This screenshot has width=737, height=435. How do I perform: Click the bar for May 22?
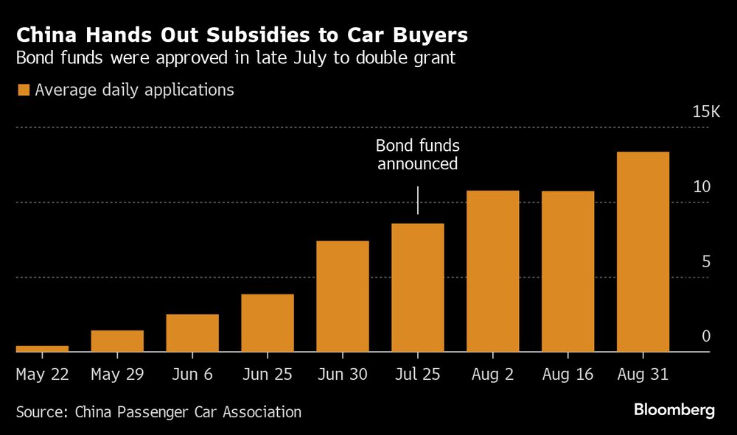42,348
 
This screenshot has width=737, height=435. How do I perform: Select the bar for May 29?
117,341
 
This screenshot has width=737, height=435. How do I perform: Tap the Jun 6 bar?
192,333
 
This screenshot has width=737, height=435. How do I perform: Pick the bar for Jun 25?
268,322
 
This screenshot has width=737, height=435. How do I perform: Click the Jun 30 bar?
343,296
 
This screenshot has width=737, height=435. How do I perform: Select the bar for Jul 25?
418,287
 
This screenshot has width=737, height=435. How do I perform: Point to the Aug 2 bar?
493,271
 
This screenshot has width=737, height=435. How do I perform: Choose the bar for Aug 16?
568,271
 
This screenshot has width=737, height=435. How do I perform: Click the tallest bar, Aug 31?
643,252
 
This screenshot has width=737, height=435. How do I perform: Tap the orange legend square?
23,90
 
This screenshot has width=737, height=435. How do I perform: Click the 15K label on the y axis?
705,113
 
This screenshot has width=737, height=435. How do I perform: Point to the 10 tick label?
702,187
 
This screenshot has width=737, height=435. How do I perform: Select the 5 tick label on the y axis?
705,262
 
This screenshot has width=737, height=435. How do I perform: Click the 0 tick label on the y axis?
705,336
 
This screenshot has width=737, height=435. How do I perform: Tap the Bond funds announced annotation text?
418,155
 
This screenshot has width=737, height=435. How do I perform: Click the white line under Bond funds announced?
418,200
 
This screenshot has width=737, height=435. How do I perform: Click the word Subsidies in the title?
252,35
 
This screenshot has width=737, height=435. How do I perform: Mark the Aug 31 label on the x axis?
643,375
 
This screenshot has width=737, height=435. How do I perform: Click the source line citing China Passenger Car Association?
158,412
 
